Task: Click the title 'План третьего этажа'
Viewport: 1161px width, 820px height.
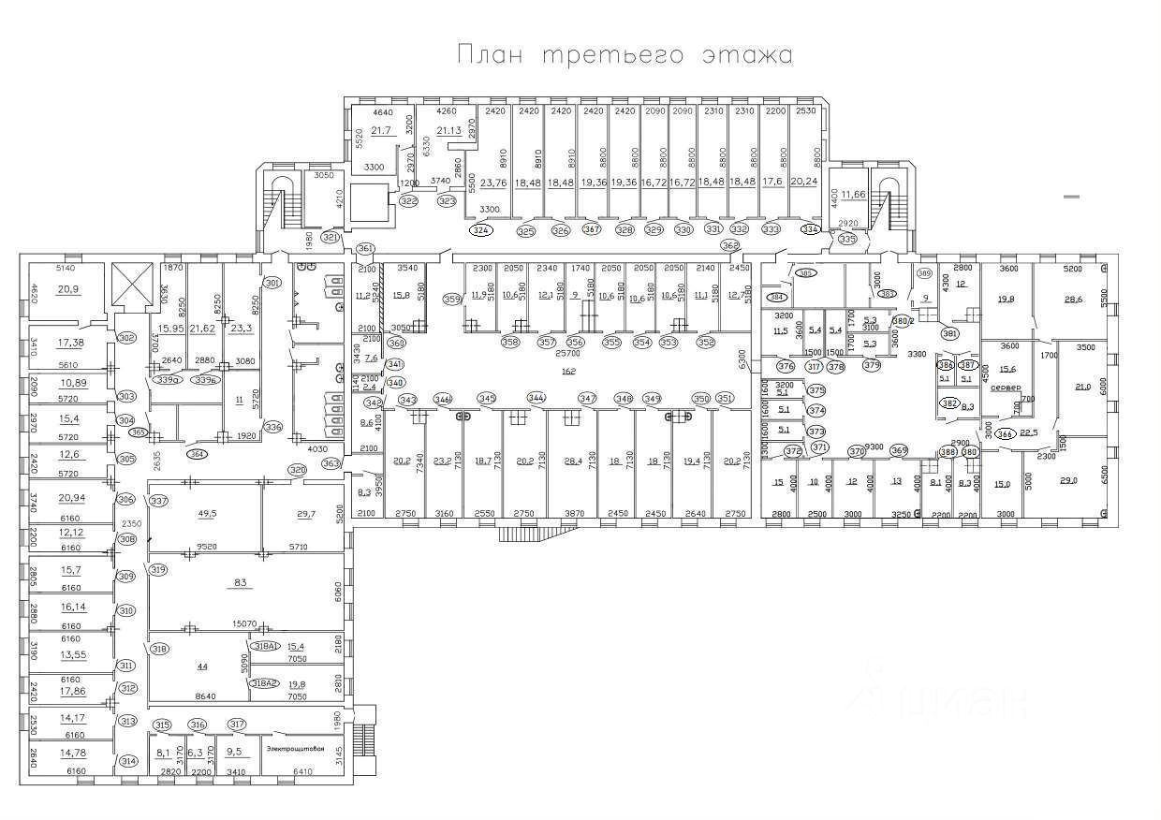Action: click(625, 54)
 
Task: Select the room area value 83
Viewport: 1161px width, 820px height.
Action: click(240, 583)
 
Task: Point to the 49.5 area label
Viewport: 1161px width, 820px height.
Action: click(207, 514)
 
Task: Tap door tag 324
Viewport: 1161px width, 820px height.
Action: click(481, 229)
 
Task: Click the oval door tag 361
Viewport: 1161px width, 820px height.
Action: click(365, 248)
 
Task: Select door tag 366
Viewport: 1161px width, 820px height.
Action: click(1005, 432)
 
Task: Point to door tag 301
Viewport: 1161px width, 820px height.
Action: click(272, 283)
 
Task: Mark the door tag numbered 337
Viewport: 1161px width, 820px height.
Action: click(159, 501)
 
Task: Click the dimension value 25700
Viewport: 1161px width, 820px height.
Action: click(568, 355)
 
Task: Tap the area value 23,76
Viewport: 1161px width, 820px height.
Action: click(492, 183)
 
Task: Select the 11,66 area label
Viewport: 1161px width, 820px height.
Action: click(853, 195)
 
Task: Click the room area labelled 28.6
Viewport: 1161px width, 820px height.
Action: click(1073, 300)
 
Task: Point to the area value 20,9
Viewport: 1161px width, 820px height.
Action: click(67, 289)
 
